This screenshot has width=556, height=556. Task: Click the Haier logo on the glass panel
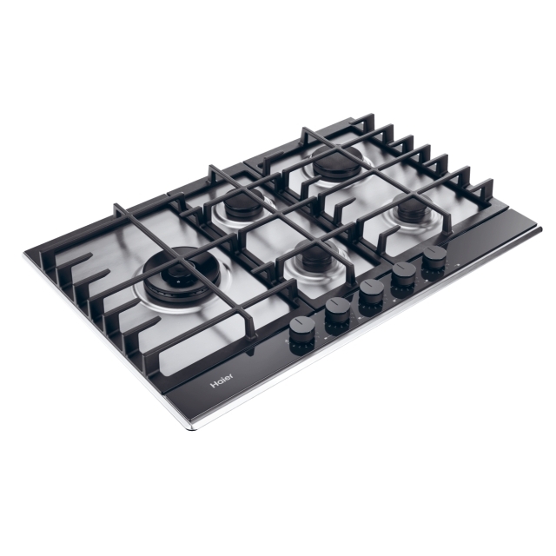pos(222,381)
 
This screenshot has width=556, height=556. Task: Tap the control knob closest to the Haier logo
pos(302,335)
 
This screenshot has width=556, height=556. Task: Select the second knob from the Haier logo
pos(337,315)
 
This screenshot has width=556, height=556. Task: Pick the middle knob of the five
pos(371,297)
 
